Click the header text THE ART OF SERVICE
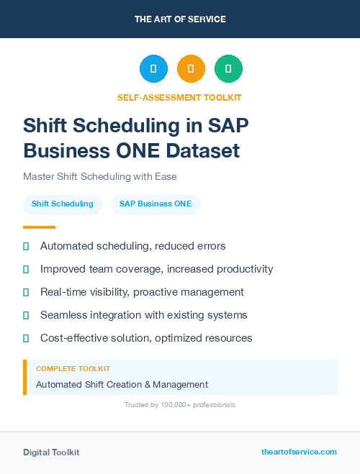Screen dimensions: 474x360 (x=180, y=19)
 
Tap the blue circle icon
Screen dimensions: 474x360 (x=153, y=69)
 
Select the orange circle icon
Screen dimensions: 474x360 (x=191, y=69)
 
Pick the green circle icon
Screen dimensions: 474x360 (x=228, y=69)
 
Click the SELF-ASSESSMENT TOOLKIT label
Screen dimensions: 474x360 (x=179, y=97)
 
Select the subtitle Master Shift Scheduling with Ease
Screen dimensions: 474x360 (x=100, y=176)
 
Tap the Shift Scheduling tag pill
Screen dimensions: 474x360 (x=63, y=204)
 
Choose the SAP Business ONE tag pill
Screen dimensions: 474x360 (x=156, y=204)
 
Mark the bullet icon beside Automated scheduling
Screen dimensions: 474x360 (x=26, y=246)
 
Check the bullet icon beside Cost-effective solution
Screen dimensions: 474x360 (x=26, y=338)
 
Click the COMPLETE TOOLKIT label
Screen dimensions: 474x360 (x=73, y=368)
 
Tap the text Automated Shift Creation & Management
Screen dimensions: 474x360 (x=122, y=385)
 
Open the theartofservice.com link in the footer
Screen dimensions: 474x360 (x=299, y=452)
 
